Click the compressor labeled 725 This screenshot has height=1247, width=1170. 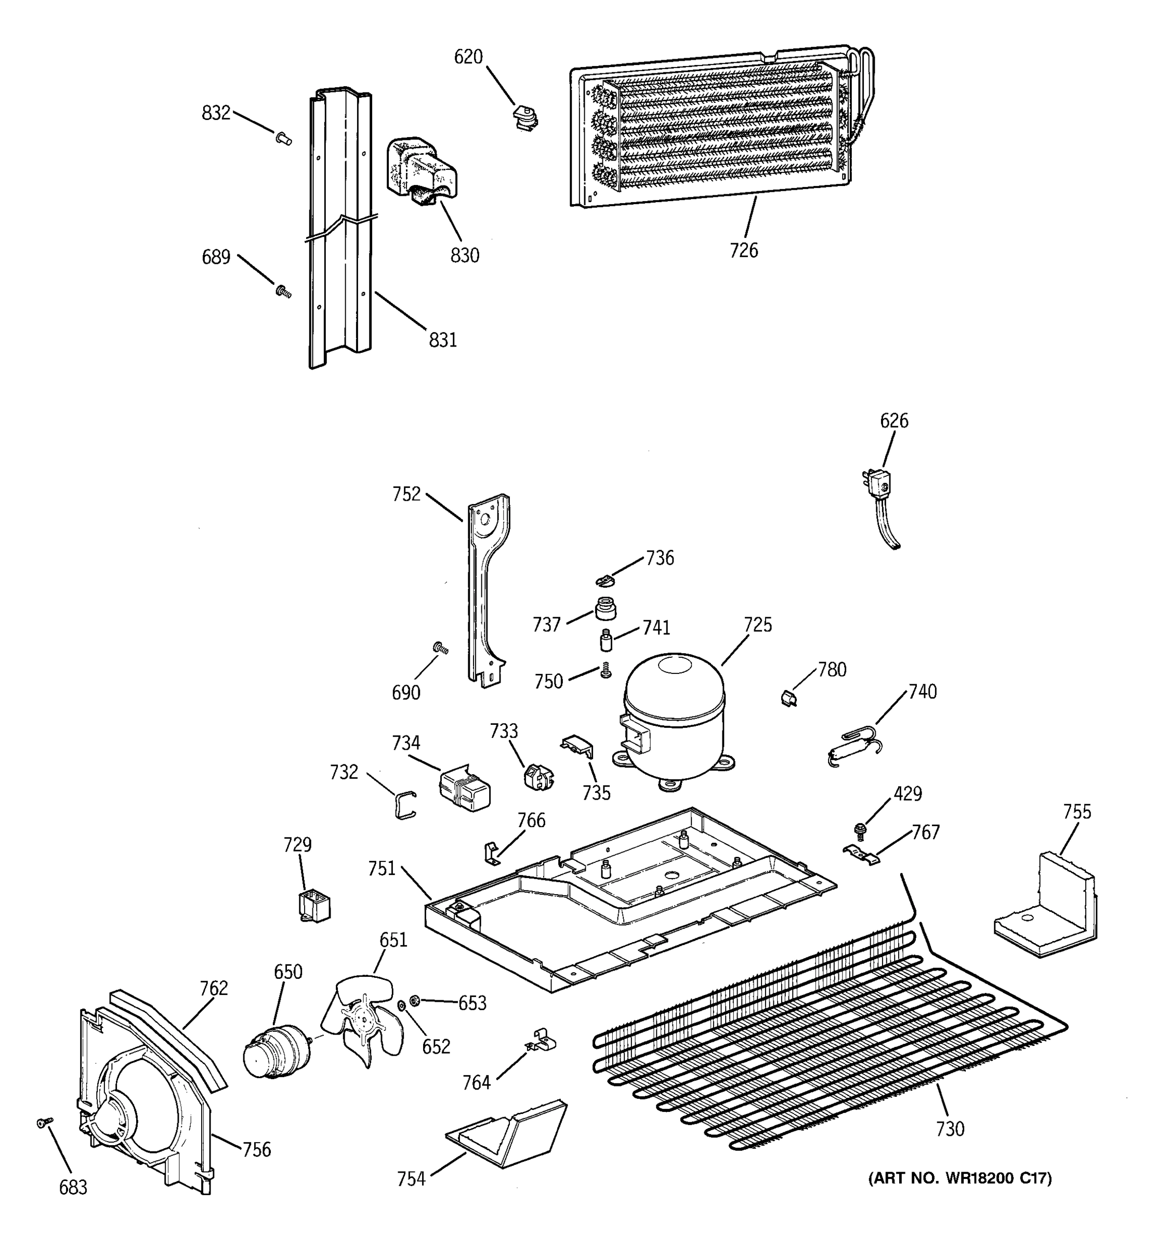[674, 718]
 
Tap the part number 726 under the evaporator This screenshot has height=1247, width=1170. [744, 250]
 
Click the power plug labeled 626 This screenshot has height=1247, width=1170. [882, 502]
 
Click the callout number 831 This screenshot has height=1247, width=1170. [443, 340]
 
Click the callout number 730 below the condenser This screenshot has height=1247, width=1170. [950, 1129]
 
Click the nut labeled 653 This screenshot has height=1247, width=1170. [414, 999]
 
